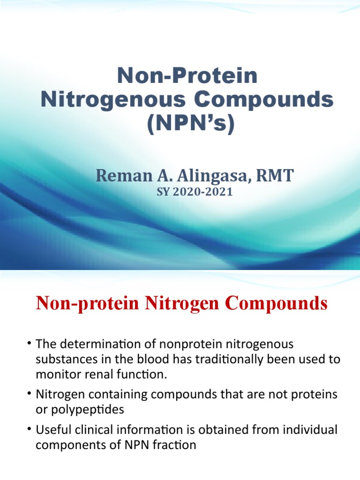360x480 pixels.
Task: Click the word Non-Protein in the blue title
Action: click(x=187, y=76)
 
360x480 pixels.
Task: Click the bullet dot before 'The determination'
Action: click(x=29, y=345)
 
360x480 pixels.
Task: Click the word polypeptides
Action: click(x=88, y=409)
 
